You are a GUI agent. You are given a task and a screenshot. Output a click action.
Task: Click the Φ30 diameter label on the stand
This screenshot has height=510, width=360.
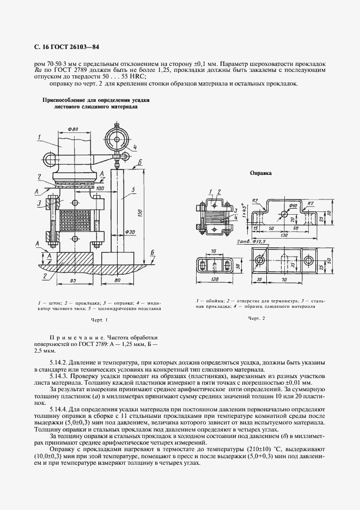coord(129,232)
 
